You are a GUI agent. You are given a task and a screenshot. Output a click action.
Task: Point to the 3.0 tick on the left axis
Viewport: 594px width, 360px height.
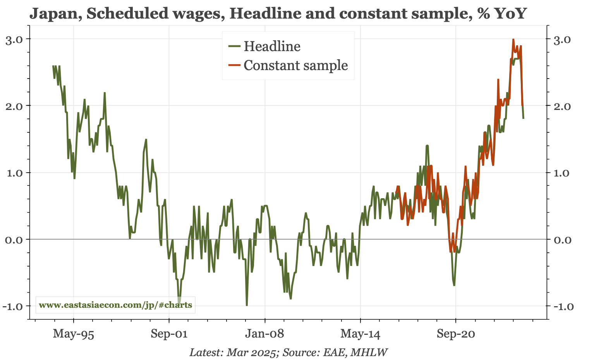(x=14, y=39)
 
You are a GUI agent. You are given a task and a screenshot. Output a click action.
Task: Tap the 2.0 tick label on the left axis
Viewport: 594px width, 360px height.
(x=14, y=106)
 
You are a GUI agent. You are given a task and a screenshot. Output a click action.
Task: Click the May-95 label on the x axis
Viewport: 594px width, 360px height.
(x=74, y=334)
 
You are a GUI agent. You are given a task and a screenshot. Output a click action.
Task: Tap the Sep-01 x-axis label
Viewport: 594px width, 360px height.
(x=169, y=334)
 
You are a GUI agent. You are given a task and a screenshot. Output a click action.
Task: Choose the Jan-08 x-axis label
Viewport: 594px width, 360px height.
(x=265, y=334)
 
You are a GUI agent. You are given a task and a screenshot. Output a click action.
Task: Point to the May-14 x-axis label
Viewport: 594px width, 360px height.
(x=361, y=334)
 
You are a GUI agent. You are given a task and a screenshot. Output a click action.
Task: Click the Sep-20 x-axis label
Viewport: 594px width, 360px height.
(x=456, y=334)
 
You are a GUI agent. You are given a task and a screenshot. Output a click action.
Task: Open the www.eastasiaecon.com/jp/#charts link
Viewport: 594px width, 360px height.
(x=115, y=305)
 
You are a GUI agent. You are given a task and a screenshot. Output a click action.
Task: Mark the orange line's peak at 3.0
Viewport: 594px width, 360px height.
(x=513, y=39)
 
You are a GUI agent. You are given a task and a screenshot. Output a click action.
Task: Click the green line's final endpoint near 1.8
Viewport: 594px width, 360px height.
(x=524, y=118)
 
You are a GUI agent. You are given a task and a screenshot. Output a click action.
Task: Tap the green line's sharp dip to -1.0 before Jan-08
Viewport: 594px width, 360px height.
(x=247, y=305)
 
